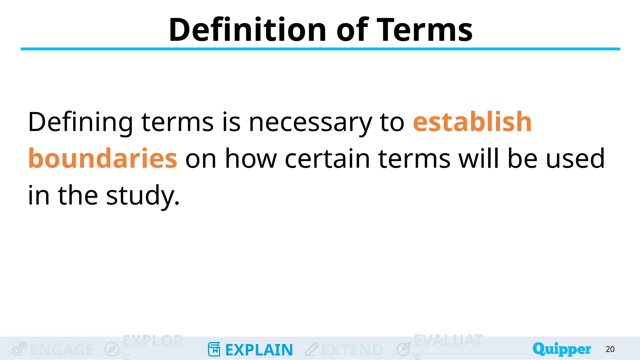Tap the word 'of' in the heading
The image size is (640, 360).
[352, 30]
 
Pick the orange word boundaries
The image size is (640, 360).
[103, 158]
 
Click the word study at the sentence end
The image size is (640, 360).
[142, 196]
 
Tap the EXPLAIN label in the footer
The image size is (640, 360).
[259, 350]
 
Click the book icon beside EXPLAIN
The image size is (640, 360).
[214, 349]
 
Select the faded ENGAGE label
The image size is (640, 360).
[62, 350]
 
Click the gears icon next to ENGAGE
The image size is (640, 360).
[19, 349]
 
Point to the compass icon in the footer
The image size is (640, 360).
[112, 349]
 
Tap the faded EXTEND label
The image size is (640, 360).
[352, 350]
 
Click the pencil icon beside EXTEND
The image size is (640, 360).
[311, 349]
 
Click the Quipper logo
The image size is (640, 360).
[561, 349]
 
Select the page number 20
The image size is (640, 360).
[610, 349]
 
